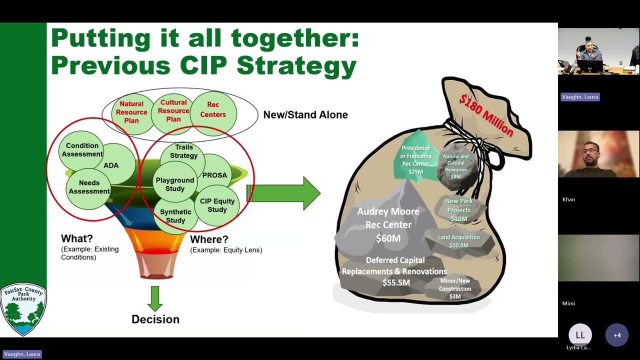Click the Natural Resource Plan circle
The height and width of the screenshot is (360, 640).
(131, 112)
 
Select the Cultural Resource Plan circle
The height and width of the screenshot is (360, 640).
(173, 110)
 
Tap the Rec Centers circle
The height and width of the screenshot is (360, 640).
(213, 110)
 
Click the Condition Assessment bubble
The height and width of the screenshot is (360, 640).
(81, 149)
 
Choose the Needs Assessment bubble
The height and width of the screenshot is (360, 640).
(88, 187)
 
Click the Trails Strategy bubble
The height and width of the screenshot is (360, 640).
(183, 151)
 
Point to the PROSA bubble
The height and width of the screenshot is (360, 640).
(215, 175)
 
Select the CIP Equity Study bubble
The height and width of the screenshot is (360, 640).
(217, 205)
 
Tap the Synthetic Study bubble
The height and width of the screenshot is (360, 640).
(175, 216)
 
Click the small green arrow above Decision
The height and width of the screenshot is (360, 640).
(155, 298)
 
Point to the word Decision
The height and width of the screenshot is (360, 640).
(155, 319)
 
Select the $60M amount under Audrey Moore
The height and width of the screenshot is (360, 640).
(388, 238)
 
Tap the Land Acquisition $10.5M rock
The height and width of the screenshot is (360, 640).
(458, 241)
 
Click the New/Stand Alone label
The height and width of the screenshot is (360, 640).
(305, 114)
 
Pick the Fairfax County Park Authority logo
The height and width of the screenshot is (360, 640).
(23, 309)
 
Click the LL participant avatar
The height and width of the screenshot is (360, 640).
(580, 335)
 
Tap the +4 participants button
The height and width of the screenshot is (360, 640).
(617, 335)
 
